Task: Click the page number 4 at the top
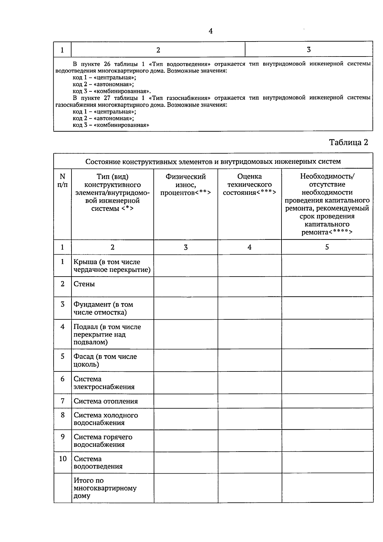click(210, 31)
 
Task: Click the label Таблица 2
click(349, 142)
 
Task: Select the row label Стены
click(84, 284)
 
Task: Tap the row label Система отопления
click(106, 401)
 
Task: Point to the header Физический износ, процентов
click(186, 185)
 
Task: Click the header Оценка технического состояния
click(250, 185)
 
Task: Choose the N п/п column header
click(63, 180)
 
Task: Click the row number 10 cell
click(63, 459)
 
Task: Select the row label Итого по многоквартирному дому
click(105, 488)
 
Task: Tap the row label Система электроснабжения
click(104, 383)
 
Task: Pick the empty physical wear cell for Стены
click(186, 286)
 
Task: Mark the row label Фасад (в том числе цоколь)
click(105, 360)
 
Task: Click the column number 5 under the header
click(327, 247)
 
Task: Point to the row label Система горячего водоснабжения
click(103, 441)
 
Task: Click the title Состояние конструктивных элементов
click(213, 161)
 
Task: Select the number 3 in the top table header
click(309, 50)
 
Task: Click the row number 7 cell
click(63, 401)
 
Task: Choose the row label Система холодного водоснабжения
click(106, 419)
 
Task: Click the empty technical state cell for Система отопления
click(250, 401)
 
